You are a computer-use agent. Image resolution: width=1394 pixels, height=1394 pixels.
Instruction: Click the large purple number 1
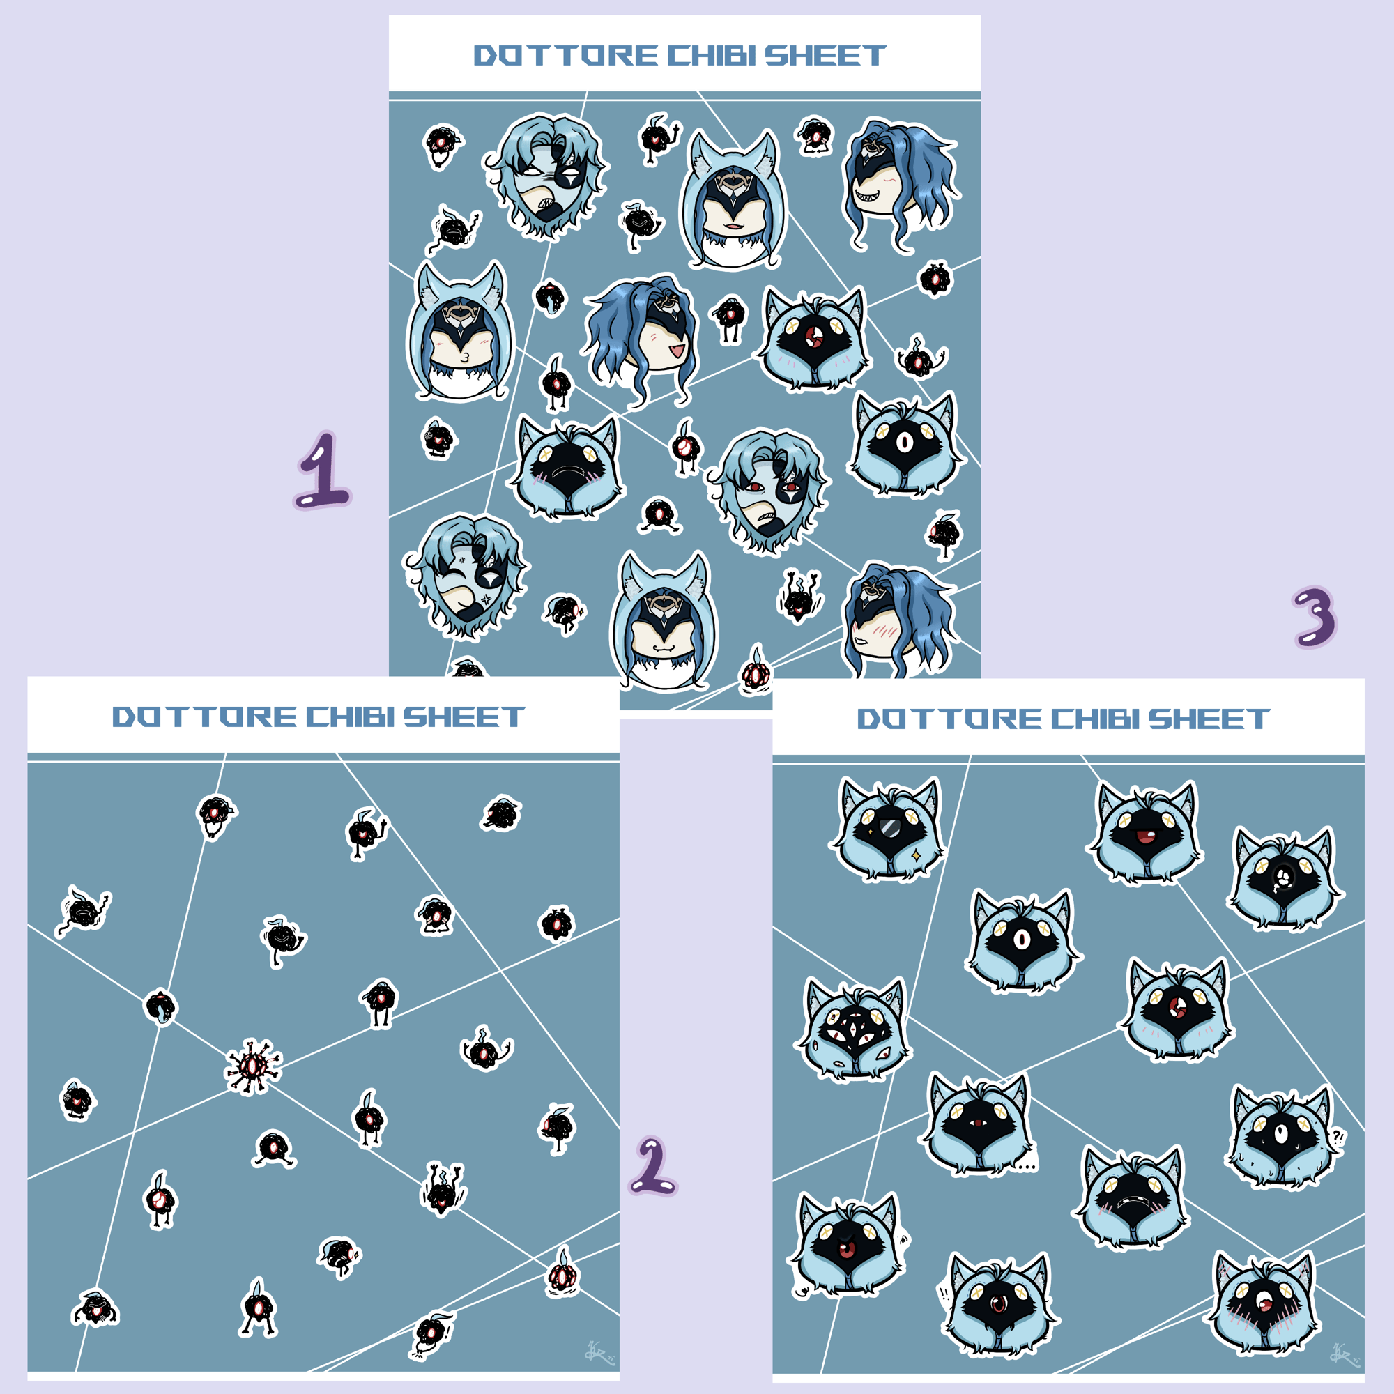pyautogui.click(x=323, y=470)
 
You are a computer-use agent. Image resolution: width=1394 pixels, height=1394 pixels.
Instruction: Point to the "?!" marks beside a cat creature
pyautogui.click(x=1336, y=1138)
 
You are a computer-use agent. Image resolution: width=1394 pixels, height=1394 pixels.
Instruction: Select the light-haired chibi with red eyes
pyautogui.click(x=769, y=491)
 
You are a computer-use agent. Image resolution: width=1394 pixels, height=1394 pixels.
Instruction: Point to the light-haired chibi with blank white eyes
pyautogui.click(x=547, y=177)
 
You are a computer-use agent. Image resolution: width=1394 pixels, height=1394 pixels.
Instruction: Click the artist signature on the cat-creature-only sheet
pyautogui.click(x=1345, y=1354)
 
